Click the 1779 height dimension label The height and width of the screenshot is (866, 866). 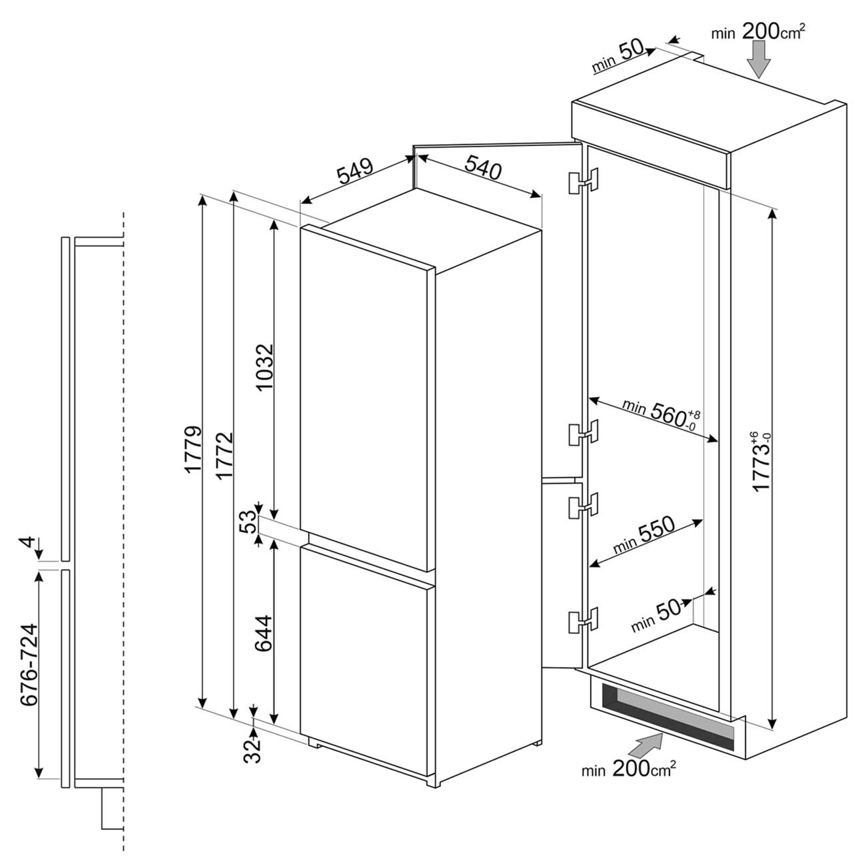pos(193,450)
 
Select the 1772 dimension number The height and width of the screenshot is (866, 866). pos(224,456)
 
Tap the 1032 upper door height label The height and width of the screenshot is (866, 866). pos(264,368)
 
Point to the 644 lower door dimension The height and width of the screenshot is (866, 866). pos(264,633)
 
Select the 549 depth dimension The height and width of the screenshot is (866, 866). pos(356,171)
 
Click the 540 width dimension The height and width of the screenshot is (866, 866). pos(483,167)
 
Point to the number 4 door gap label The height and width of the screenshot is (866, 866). pos(29,542)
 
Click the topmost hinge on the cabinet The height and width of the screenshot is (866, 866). pos(584,182)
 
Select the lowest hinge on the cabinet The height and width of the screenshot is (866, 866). pos(584,620)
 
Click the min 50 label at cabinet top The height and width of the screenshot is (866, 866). pos(618,57)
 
